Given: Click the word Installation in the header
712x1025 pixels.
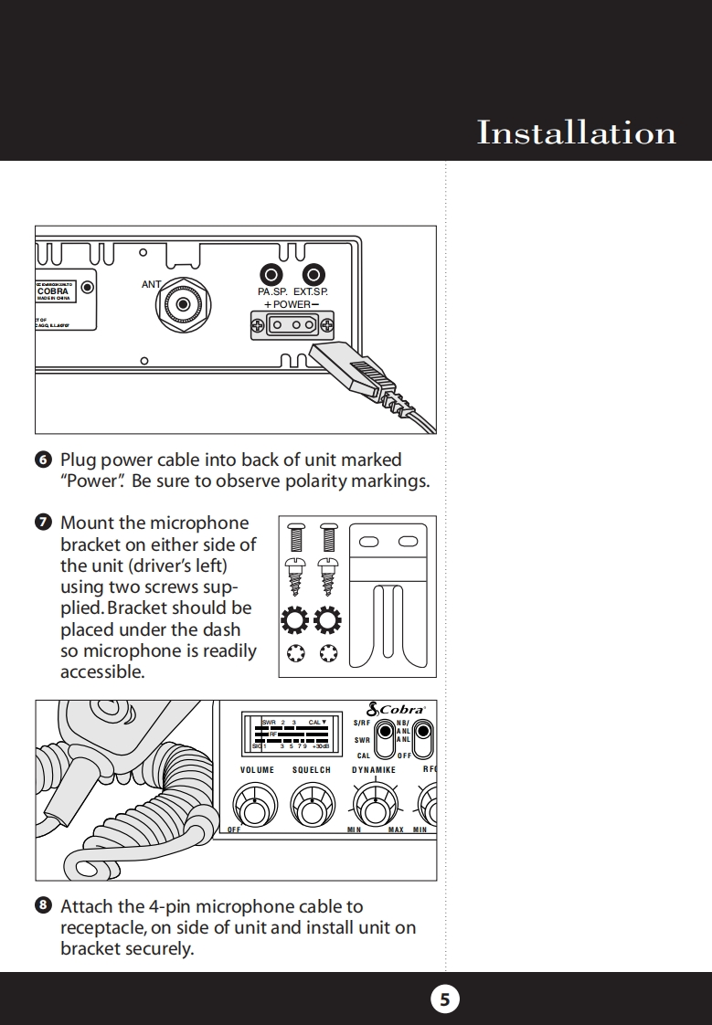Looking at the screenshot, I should tap(576, 133).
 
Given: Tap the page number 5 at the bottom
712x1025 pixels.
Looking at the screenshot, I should tap(445, 999).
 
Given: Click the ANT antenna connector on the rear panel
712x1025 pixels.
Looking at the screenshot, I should tap(185, 303).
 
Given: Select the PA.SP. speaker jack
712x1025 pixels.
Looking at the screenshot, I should tap(271, 274).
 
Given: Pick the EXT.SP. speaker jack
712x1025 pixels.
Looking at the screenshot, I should tap(314, 274).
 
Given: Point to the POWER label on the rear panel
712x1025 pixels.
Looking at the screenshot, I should tap(292, 304).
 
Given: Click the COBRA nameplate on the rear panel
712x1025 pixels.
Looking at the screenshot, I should tap(53, 291).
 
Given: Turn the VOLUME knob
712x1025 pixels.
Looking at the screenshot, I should tap(255, 806).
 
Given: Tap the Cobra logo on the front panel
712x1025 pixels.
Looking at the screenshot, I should tap(396, 709).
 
